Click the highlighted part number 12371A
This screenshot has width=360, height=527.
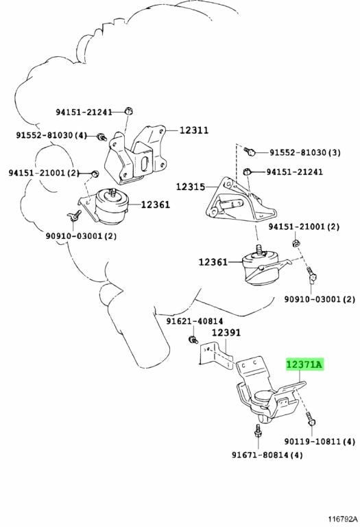304,364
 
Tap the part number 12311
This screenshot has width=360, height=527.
194,130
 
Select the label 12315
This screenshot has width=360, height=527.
191,187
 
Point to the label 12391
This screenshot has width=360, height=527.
226,332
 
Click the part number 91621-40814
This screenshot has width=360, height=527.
195,321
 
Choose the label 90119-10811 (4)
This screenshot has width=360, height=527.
320,441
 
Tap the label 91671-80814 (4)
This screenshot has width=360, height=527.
267,455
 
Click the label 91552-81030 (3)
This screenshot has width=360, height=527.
305,152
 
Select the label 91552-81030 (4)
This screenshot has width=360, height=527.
51,135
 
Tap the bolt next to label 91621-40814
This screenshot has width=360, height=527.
193,340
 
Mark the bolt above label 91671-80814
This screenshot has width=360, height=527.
258,430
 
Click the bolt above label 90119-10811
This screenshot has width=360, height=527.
311,419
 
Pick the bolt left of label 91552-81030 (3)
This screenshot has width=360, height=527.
250,151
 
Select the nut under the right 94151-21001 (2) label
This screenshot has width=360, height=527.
296,242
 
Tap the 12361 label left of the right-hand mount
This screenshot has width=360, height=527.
213,261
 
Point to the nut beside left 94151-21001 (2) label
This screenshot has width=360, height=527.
95,174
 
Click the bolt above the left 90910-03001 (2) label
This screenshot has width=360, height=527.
74,215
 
